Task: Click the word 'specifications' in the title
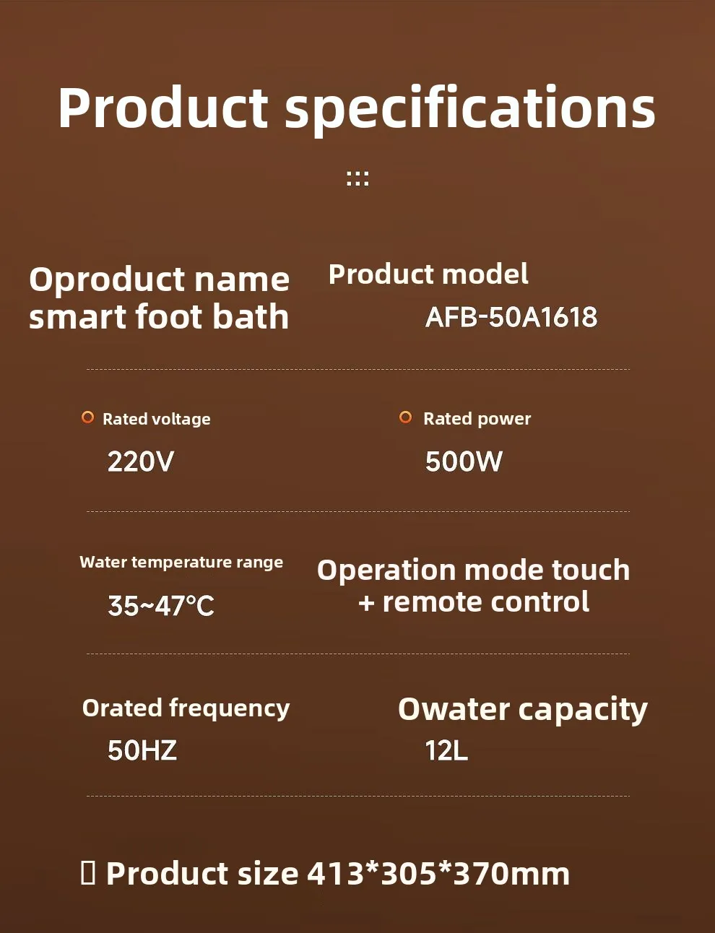tap(469, 109)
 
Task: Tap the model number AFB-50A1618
tap(511, 317)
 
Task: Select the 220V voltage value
tap(141, 461)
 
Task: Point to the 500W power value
tap(464, 461)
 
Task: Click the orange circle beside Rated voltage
tap(87, 417)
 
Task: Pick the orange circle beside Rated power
tap(405, 417)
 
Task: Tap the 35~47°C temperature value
tap(161, 606)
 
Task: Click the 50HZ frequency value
tap(142, 750)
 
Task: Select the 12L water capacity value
tap(446, 750)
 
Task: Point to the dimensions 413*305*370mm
tap(438, 874)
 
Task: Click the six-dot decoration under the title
tap(357, 178)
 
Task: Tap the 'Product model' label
tap(428, 274)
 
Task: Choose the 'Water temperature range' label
tap(181, 563)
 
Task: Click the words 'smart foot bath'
tap(159, 316)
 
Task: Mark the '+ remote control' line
tap(474, 602)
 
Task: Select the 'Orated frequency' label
tap(186, 708)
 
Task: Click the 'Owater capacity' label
tap(523, 709)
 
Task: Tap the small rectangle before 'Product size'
tap(88, 873)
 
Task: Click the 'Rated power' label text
tap(477, 419)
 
